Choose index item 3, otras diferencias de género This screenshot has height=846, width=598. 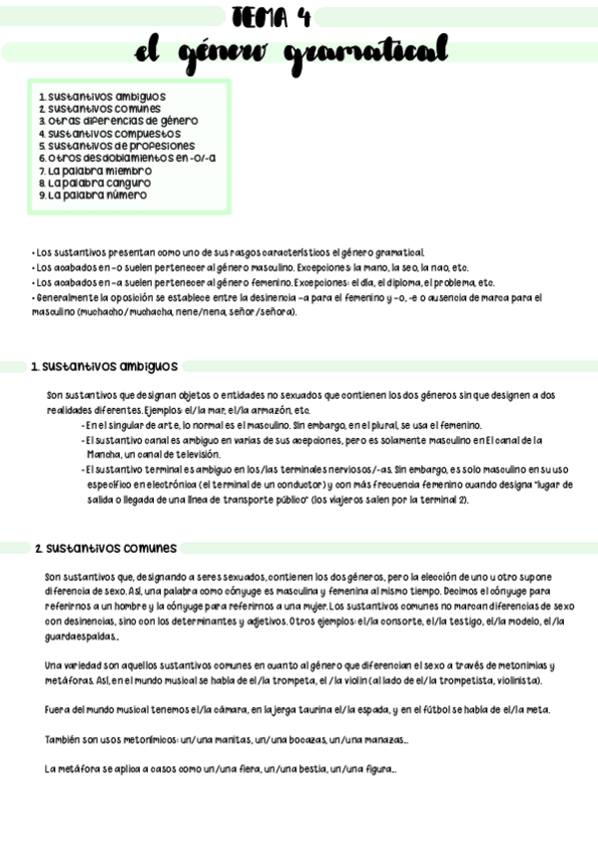tap(118, 121)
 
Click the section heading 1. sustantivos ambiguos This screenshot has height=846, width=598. tap(105, 366)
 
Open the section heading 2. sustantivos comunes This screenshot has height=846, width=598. tap(106, 548)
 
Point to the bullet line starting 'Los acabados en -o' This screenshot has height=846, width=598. tap(250, 267)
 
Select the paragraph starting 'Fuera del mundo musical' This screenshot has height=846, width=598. tap(297, 709)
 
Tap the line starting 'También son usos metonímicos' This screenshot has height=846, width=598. tap(227, 739)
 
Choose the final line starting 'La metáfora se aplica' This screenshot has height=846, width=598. tap(221, 769)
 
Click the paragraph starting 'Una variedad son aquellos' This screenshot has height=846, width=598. tap(299, 672)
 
